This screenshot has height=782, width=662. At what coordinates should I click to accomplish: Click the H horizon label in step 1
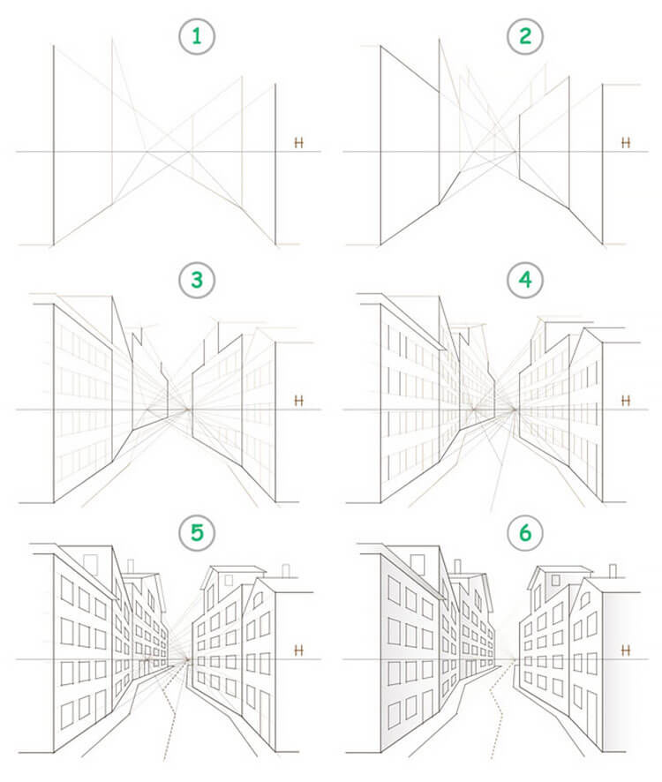click(299, 142)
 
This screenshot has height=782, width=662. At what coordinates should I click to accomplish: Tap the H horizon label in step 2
click(626, 142)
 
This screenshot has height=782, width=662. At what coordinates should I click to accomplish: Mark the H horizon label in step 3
click(299, 401)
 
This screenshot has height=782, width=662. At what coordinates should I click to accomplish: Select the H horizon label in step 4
click(626, 401)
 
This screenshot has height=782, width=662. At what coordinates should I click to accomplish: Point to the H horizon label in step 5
click(299, 650)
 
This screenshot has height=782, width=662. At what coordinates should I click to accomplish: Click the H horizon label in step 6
click(626, 650)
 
